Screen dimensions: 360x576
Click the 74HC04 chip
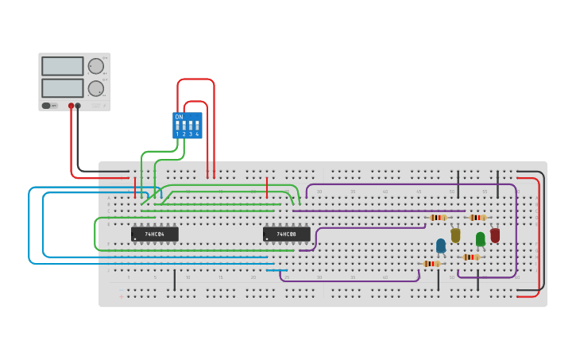tap(154, 234)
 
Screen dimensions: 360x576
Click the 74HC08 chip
tap(286, 234)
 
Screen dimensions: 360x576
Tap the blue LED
tap(441, 246)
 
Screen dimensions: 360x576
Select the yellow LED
tap(455, 235)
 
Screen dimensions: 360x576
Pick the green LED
tap(480, 238)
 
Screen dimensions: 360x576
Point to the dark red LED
tap(495, 235)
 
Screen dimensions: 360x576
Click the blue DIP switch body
tap(187, 125)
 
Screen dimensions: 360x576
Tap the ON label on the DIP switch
tap(179, 117)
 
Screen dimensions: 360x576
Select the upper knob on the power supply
tap(95, 66)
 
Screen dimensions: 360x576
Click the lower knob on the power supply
tap(95, 88)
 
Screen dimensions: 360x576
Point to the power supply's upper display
tap(62, 66)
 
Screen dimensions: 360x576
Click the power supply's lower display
tap(62, 88)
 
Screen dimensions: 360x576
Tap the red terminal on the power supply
tap(71, 105)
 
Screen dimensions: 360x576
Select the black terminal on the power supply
tap(78, 105)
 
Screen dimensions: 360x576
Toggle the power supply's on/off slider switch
tap(47, 105)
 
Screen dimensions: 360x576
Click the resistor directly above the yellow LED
tap(438, 217)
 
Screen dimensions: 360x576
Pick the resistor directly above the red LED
tap(477, 217)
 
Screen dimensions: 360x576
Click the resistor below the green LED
tap(471, 257)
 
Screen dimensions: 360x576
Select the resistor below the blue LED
tap(431, 263)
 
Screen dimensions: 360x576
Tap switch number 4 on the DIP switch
tap(197, 126)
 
